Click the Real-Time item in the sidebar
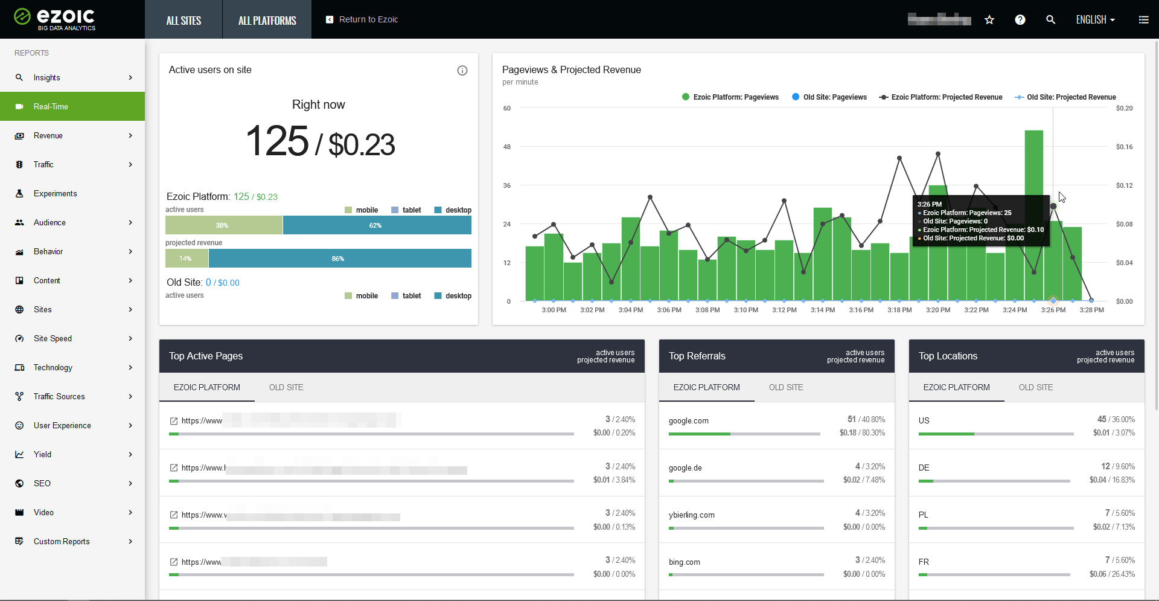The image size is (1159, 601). (51, 106)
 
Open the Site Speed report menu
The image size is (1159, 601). (53, 338)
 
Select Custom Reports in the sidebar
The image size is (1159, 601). (62, 541)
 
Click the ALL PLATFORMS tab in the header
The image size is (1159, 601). (267, 21)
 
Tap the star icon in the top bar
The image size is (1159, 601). (989, 20)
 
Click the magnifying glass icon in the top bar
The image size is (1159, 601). (1050, 20)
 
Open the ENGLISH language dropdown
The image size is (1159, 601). (1095, 20)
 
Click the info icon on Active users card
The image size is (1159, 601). (462, 71)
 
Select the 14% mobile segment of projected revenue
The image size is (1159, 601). (186, 259)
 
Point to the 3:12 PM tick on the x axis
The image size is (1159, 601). (784, 310)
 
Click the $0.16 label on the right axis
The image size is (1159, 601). (1124, 147)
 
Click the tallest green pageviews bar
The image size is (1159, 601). (1033, 214)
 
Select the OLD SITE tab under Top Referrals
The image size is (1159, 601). (785, 387)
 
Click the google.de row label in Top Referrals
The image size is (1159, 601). (685, 468)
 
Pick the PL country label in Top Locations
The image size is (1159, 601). (923, 515)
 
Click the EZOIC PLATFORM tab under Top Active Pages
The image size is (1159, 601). (206, 387)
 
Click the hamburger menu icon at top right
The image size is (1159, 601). (1143, 20)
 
